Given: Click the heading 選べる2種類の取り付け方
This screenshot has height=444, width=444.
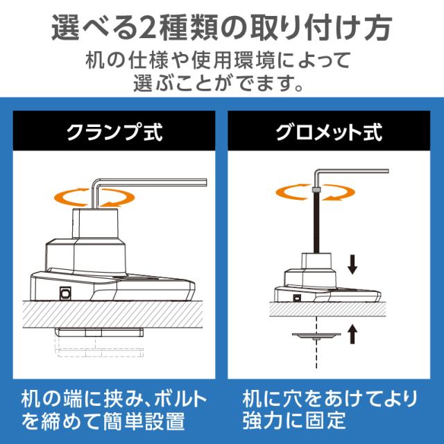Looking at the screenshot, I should [x=221, y=29].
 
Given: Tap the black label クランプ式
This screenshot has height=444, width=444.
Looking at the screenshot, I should [x=114, y=133].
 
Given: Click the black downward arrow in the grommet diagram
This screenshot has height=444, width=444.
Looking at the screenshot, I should [x=352, y=264].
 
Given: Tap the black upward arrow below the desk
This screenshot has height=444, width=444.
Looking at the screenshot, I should [x=352, y=335].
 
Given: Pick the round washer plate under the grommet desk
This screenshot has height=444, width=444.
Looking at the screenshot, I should [x=315, y=336].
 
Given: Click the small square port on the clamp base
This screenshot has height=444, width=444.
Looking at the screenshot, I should [x=67, y=292].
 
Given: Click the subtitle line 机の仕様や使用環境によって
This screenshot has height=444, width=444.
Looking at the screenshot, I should [x=221, y=60].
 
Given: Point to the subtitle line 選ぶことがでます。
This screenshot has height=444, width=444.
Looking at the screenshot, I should [x=221, y=84].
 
